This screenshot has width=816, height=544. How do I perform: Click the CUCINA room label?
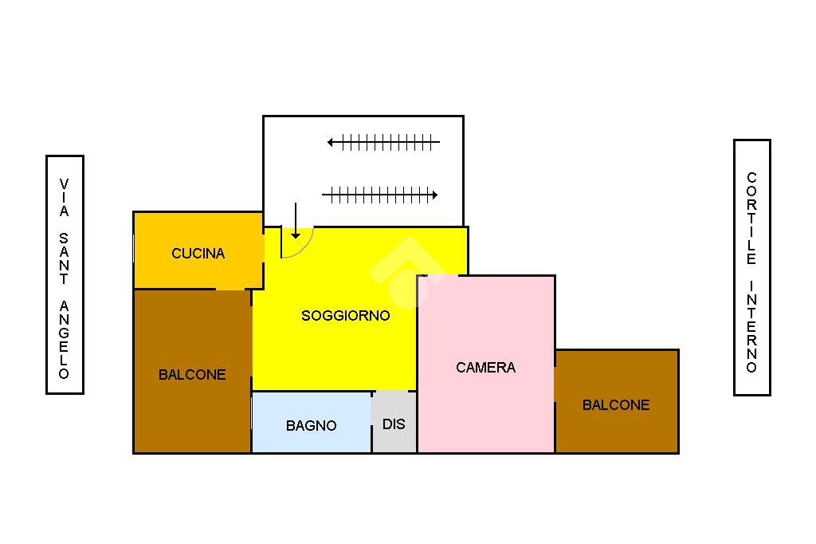pyautogui.click(x=198, y=253)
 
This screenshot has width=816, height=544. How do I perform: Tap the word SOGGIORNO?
pyautogui.click(x=346, y=315)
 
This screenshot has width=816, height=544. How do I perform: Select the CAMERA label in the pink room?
pyautogui.click(x=485, y=368)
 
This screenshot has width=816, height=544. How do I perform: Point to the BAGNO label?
pyautogui.click(x=312, y=425)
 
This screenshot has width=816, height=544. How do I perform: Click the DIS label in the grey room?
pyautogui.click(x=394, y=424)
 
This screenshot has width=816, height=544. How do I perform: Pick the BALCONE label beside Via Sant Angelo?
pyautogui.click(x=192, y=375)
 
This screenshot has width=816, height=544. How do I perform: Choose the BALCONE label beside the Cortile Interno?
pyautogui.click(x=616, y=405)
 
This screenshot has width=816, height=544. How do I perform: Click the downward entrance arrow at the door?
pyautogui.click(x=296, y=221)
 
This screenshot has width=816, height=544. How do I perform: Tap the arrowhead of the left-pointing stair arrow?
pyautogui.click(x=331, y=142)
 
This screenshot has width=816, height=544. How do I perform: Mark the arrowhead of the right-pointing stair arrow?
pyautogui.click(x=434, y=195)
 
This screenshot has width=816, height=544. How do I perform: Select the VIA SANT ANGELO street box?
pyautogui.click(x=65, y=274)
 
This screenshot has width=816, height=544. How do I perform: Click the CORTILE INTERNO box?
pyautogui.click(x=752, y=267)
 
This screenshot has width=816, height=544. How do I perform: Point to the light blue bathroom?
pyautogui.click(x=312, y=422)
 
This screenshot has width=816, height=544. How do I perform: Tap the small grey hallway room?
pyautogui.click(x=394, y=422)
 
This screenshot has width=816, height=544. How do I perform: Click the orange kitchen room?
pyautogui.click(x=198, y=250)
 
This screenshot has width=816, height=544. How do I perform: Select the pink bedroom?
pyautogui.click(x=486, y=365)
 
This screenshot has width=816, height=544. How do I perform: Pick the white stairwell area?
pyautogui.click(x=363, y=171)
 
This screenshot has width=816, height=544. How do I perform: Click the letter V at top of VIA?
pyautogui.click(x=64, y=184)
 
